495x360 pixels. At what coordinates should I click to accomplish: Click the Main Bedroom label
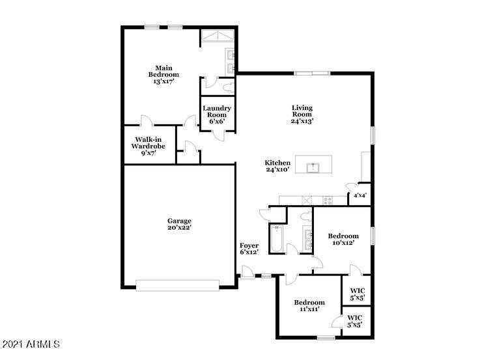coord(163,74)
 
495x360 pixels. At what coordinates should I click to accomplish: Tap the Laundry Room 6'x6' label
coord(217,115)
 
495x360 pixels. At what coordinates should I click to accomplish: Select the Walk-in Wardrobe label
coord(148,146)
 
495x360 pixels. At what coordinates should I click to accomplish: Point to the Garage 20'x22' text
coord(179,224)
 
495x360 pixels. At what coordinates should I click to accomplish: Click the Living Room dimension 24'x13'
coord(302,120)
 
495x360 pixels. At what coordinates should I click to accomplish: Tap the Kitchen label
coord(277,163)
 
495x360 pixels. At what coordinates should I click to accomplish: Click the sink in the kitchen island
coord(313,168)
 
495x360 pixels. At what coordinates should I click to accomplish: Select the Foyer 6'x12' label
coord(249,249)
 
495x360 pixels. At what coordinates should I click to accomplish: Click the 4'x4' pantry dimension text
coord(360,195)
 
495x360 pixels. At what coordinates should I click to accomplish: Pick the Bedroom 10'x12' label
coord(343,239)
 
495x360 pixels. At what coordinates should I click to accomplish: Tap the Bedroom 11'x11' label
coord(309,306)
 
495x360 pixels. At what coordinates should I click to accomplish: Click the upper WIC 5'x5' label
coord(358,294)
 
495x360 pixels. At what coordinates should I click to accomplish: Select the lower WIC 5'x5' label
coord(355,321)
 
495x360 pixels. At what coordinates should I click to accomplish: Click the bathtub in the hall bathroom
coord(277,238)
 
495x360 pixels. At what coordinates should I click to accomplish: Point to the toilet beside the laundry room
coord(229,87)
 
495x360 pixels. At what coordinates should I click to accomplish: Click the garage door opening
coord(177,285)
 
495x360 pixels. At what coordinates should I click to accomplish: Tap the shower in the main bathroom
coord(218,36)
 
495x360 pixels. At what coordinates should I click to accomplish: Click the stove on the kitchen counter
coord(328,200)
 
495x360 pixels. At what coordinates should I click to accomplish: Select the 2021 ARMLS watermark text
coord(31,344)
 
